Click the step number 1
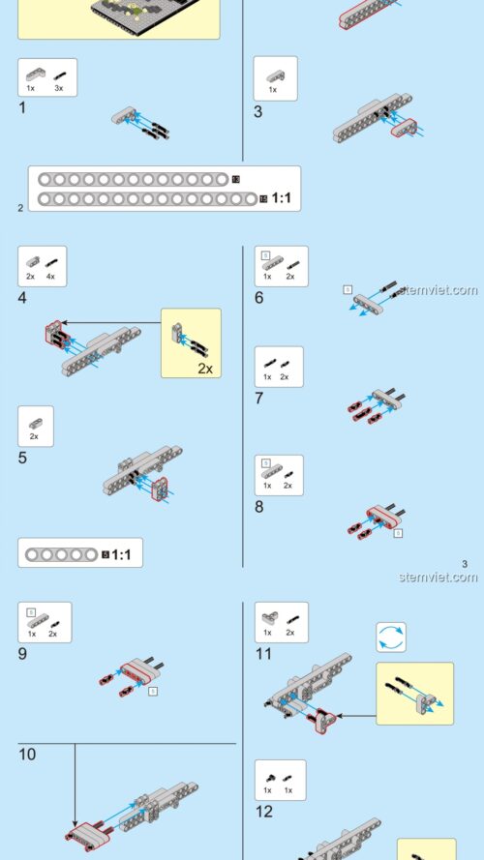22,107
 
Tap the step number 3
258,111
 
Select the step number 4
22,298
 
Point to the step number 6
258,298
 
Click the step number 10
27,754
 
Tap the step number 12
264,812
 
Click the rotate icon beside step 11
391,637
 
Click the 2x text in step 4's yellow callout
204,369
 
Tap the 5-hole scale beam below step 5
62,555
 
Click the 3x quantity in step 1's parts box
58,88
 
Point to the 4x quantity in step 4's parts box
49,277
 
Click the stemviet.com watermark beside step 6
437,290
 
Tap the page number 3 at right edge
465,564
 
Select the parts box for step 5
36,427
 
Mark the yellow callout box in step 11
414,694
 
